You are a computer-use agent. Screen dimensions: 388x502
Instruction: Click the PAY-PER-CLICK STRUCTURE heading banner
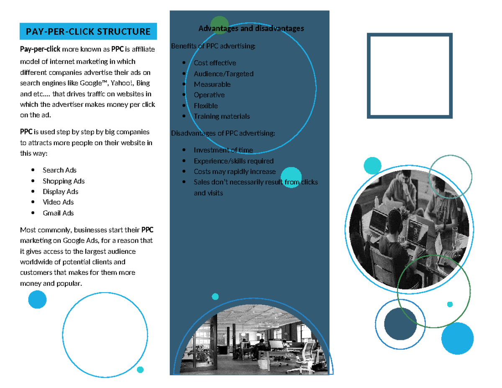tap(88, 31)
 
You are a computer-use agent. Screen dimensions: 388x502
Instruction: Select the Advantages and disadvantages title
tap(251, 28)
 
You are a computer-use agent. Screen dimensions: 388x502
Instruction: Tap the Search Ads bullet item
tap(59, 170)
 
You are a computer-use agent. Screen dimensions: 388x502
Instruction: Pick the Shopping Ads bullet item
tap(64, 181)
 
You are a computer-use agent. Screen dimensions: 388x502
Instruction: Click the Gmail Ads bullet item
tap(58, 213)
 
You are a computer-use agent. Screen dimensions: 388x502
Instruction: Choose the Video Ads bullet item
tap(58, 202)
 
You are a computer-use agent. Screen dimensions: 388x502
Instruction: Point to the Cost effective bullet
tap(215, 63)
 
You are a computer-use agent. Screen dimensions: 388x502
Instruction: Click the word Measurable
tap(212, 84)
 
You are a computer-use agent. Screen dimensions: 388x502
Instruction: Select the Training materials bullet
tap(222, 116)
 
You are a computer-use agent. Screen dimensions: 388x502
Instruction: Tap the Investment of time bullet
tap(223, 150)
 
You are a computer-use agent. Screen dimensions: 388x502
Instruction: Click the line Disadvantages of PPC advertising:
tap(223, 134)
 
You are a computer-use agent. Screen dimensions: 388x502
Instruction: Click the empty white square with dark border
tap(410, 76)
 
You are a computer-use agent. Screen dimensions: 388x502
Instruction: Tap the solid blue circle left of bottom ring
tap(37, 299)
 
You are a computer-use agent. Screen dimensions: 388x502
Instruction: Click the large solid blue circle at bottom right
tap(457, 338)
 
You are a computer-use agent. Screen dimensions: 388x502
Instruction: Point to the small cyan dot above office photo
tap(215, 297)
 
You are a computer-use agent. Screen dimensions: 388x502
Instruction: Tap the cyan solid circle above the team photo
tap(372, 166)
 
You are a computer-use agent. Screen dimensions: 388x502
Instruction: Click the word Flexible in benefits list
tap(206, 106)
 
